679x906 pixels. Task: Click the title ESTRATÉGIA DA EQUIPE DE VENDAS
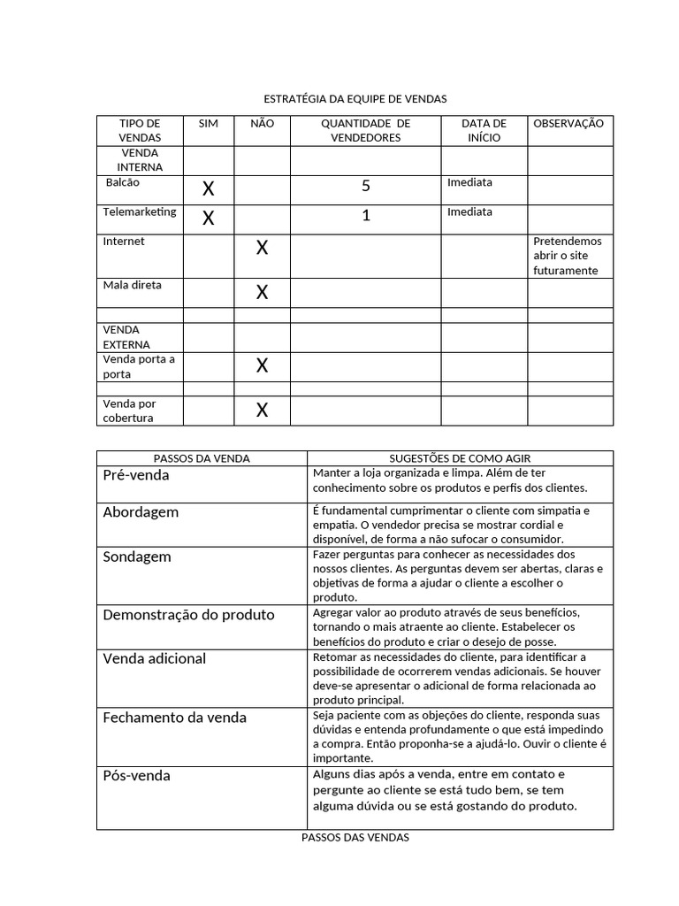[x=355, y=99]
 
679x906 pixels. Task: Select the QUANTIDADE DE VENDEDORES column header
[x=365, y=131]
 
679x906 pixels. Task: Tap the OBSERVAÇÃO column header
[x=568, y=124]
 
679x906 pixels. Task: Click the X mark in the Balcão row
[x=209, y=188]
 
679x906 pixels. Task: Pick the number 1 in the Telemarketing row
[x=365, y=217]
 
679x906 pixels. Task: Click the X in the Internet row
[x=262, y=249]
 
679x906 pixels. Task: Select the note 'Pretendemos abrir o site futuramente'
[x=567, y=256]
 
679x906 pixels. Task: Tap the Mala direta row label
[x=132, y=286]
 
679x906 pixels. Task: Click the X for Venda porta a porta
[x=262, y=365]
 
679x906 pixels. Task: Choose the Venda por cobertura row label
[x=129, y=411]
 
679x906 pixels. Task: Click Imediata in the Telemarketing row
[x=470, y=212]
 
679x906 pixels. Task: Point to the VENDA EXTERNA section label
[x=126, y=337]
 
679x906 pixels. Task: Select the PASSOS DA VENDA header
[x=202, y=458]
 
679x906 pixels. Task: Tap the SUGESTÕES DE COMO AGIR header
[x=460, y=458]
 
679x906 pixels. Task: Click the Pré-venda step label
[x=136, y=475]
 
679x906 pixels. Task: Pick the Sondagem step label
[x=137, y=557]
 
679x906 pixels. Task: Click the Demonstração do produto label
[x=188, y=615]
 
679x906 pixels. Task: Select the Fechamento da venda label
[x=174, y=718]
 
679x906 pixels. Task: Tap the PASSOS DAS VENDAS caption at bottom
[x=355, y=838]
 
